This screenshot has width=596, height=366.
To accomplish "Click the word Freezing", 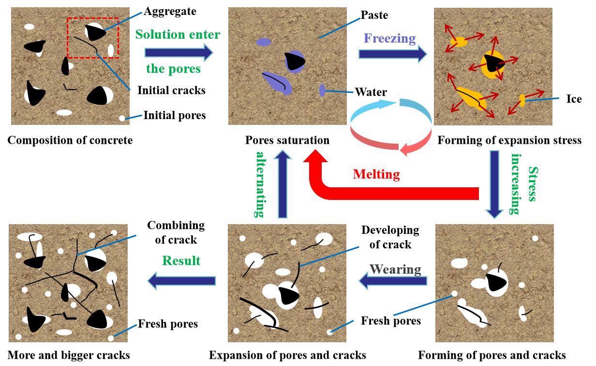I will [x=389, y=38].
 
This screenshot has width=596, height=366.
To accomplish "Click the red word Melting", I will [x=376, y=174].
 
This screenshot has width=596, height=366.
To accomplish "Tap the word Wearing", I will [x=395, y=269].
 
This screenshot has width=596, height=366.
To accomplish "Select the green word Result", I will [x=181, y=260].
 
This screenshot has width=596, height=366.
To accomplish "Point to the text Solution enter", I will [x=178, y=34].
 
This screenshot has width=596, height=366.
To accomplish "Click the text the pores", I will [x=173, y=69].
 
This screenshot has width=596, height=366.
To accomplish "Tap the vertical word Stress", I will [x=533, y=184].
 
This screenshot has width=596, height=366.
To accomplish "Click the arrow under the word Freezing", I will [x=392, y=54].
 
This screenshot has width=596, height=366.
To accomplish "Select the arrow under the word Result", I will [x=181, y=281].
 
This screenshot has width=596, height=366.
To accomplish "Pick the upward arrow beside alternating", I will [x=283, y=184].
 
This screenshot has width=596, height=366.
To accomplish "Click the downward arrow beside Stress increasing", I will [x=494, y=184].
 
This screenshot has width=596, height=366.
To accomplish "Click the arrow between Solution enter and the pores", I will [x=179, y=52].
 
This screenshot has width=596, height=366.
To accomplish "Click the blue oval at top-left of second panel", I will [x=264, y=42].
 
